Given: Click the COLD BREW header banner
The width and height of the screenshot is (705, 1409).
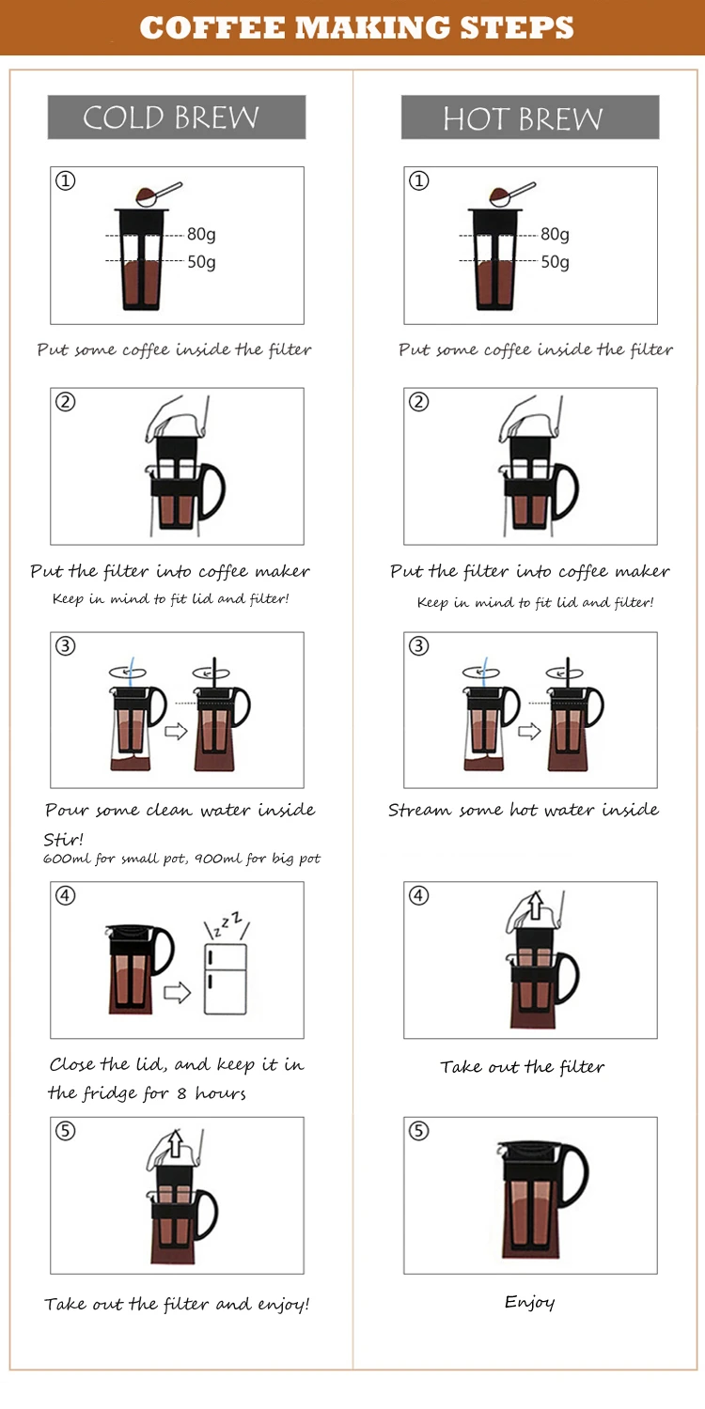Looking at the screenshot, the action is tap(177, 117).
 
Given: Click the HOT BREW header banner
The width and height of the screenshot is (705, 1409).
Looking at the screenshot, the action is tap(530, 117).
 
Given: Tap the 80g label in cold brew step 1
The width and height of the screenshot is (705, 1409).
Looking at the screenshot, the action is tap(201, 234).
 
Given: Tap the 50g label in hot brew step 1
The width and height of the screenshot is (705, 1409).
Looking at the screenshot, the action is tap(556, 261).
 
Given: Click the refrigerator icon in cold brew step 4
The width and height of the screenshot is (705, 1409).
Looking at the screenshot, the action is tap(226, 978).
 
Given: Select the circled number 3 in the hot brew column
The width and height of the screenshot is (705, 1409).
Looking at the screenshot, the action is tap(419, 646).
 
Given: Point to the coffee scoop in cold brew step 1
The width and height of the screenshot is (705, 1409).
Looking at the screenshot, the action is tap(158, 194).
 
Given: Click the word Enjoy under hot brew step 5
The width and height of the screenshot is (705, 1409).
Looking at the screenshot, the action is tap(529, 1301).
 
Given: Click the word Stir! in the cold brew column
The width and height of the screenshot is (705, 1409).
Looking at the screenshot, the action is tap(64, 839).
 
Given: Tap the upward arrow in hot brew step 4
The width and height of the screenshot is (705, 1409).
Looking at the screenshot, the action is tap(535, 906).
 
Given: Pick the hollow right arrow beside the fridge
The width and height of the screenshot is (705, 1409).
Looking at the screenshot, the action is tap(177, 992).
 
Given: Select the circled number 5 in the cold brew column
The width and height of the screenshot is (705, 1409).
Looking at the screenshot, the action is tap(66, 1131).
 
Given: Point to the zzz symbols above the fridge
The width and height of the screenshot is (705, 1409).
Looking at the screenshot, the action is tap(227, 923).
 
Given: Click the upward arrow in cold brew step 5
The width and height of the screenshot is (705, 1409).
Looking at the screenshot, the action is tap(176, 1143).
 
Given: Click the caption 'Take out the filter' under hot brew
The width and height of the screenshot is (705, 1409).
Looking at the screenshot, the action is tap(523, 1066).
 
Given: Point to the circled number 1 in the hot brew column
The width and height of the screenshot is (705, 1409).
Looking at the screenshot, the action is tap(419, 181).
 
